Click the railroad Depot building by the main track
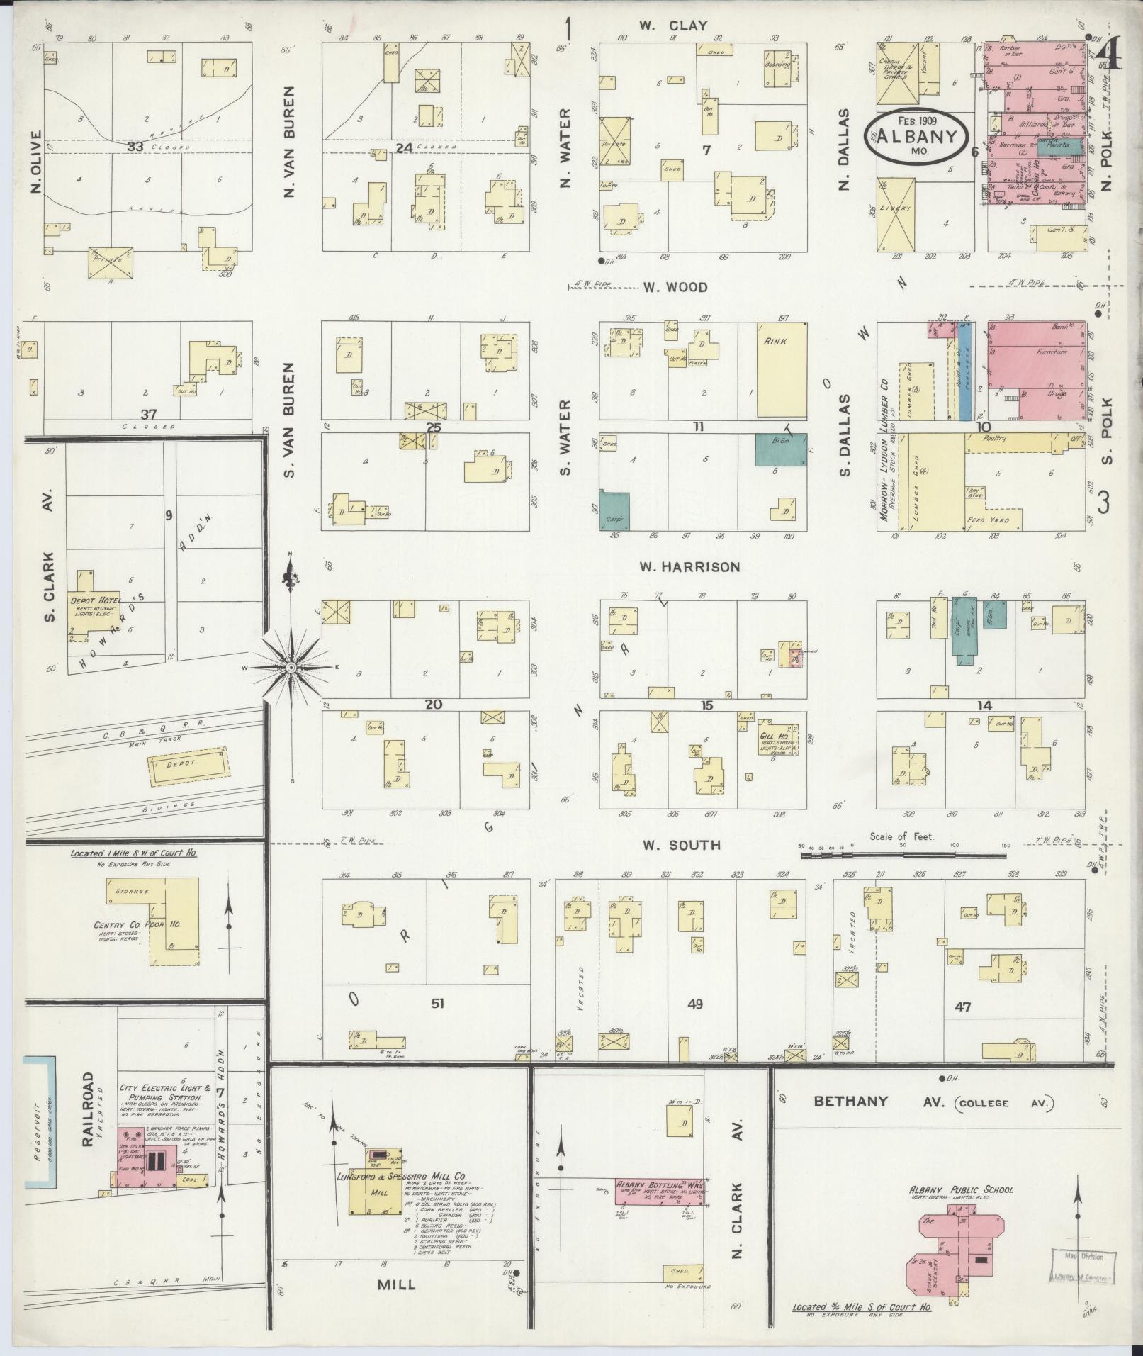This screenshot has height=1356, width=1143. (x=190, y=766)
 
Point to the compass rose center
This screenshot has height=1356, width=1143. (x=291, y=668)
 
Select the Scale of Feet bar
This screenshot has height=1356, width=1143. (x=903, y=856)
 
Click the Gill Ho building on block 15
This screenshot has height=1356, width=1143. (x=779, y=741)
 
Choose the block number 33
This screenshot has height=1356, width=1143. (x=136, y=147)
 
